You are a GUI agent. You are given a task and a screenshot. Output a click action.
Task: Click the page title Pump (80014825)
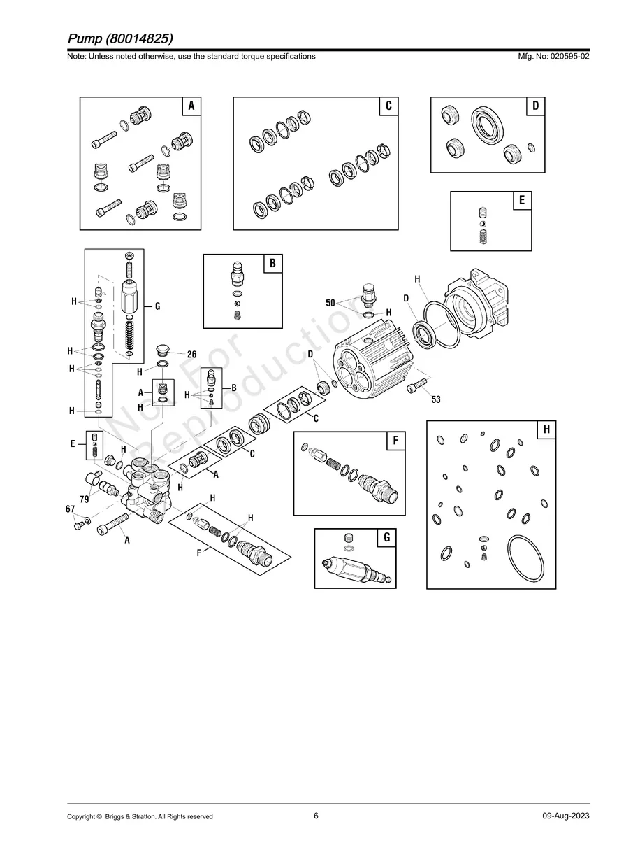click(120, 38)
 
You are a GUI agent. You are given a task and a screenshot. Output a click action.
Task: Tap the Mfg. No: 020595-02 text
click(551, 56)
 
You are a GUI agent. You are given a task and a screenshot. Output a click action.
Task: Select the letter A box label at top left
click(191, 106)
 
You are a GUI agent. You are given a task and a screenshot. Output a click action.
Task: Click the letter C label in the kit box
click(388, 106)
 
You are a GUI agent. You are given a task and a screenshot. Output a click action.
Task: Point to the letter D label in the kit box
click(535, 106)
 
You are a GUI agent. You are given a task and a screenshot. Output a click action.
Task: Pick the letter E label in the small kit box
click(522, 200)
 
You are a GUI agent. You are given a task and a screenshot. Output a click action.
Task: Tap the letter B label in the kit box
click(272, 263)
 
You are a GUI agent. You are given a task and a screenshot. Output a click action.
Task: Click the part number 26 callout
click(191, 355)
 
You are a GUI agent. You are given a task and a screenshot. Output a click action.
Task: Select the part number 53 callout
click(436, 399)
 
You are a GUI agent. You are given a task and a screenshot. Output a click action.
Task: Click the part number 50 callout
click(330, 303)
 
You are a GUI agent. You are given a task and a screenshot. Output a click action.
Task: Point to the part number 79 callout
click(84, 499)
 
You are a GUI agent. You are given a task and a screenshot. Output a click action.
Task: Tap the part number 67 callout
click(71, 509)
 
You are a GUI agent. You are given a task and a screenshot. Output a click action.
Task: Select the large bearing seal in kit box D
click(484, 127)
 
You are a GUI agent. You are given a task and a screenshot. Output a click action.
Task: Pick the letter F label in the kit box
click(395, 441)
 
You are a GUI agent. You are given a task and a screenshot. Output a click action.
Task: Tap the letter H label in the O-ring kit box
click(546, 429)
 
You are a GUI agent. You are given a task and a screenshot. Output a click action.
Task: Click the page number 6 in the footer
click(316, 816)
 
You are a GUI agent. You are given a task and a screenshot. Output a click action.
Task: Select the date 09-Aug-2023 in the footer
click(565, 816)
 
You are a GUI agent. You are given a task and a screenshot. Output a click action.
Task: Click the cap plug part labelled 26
click(163, 350)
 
